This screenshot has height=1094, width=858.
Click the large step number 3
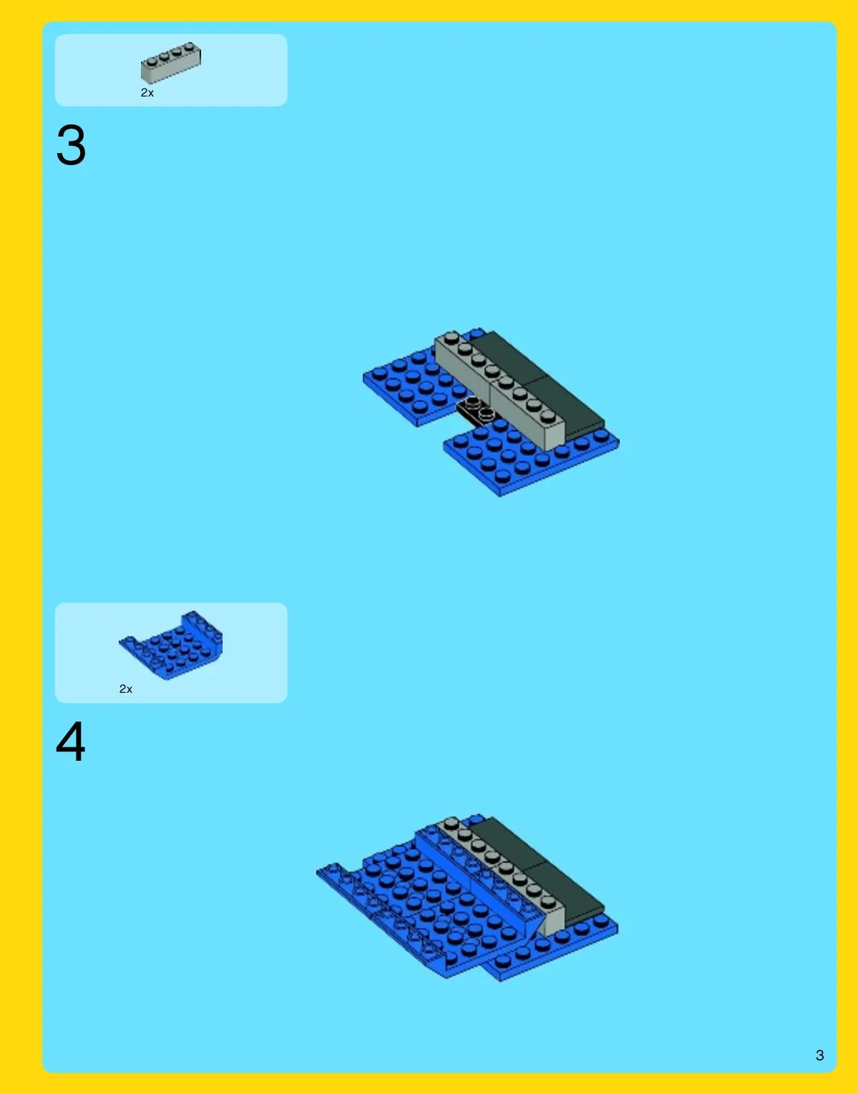71,145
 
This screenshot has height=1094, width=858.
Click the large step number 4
71,741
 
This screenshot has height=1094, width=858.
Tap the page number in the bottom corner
819,1055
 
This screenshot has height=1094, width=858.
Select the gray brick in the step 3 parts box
171,62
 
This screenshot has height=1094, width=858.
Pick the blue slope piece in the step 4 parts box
171,646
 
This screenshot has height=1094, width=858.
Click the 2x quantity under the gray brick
147,93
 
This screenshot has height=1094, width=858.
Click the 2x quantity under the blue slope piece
125,689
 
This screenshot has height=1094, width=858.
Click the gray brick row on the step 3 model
499,390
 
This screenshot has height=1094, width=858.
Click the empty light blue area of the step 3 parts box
242,71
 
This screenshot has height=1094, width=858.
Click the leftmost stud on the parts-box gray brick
152,61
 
